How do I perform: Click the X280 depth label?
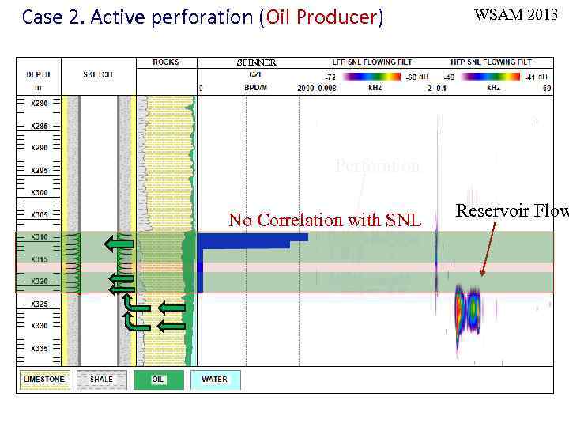point(39,104)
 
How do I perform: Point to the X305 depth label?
point(39,215)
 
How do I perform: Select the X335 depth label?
point(39,348)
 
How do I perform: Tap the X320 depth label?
point(39,282)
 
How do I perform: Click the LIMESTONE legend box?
point(44,380)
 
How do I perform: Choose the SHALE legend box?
point(102,380)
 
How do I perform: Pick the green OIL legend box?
point(159,380)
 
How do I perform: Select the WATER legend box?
point(215,380)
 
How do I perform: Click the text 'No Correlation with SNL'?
point(324,221)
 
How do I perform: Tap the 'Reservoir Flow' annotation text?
point(511,210)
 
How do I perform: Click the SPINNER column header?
point(257,62)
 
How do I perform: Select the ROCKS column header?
point(166,62)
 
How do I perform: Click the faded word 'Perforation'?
point(378,167)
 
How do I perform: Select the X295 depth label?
point(39,171)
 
